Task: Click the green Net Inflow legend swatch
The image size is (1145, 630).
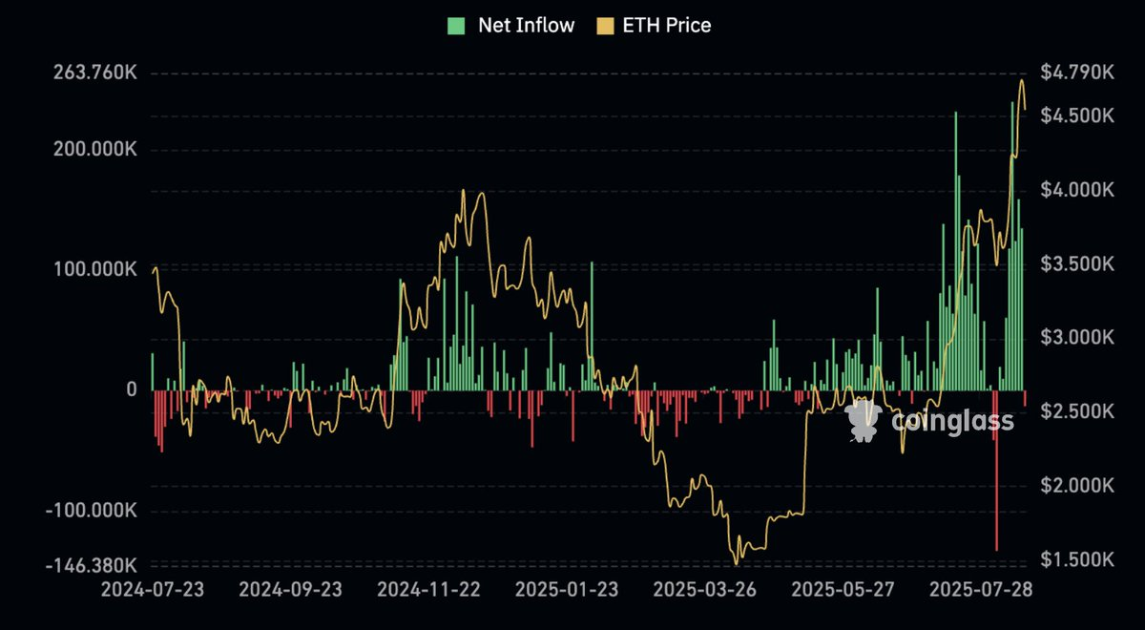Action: point(456,26)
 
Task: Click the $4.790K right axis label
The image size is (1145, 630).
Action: point(1076,73)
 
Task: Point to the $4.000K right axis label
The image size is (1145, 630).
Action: point(1076,190)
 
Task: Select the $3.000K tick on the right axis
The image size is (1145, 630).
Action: point(1076,338)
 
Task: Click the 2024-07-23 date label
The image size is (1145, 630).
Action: point(153,590)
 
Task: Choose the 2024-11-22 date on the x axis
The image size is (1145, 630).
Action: point(427,590)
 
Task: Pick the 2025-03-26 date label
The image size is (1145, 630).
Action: point(702,590)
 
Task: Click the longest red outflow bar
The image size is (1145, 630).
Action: point(996,477)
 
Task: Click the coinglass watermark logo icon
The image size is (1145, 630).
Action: point(863,421)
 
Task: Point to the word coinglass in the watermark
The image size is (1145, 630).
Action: point(952,421)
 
